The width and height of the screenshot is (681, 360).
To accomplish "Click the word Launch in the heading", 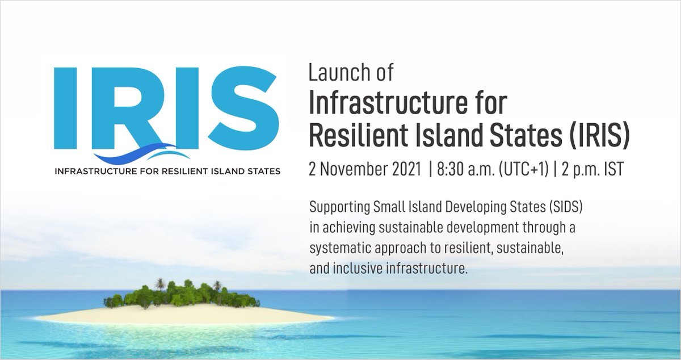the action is (x=338, y=73).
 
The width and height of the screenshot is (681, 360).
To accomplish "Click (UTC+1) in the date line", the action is (x=524, y=170).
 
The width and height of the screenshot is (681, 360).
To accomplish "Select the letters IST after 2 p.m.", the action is (x=614, y=169).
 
